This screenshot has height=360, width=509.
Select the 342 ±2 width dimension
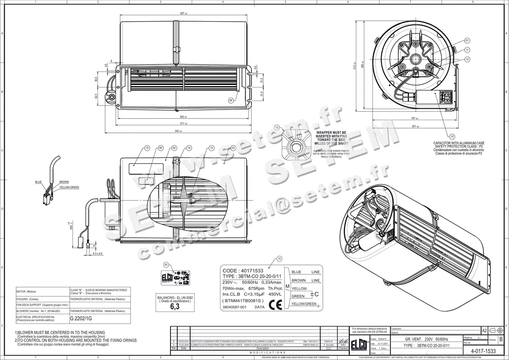178,132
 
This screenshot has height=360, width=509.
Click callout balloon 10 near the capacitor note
452,136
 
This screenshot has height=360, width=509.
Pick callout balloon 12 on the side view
467,59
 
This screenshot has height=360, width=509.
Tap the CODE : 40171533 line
242,270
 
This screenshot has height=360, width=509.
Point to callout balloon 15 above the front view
147,148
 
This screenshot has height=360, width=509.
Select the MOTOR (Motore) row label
27,292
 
